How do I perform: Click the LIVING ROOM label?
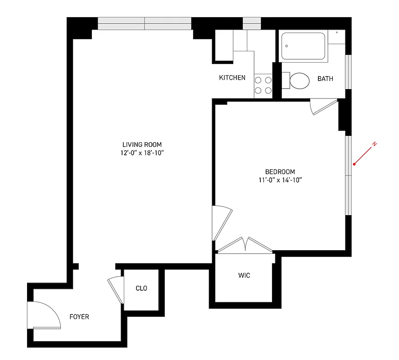click(142, 144)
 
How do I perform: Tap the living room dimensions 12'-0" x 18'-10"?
click(142, 153)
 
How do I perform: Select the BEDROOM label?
click(280, 171)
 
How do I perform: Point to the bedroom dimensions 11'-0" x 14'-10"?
click(280, 180)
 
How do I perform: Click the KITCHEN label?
click(232, 78)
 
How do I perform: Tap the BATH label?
click(325, 79)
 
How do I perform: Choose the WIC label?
click(244, 275)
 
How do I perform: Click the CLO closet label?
click(141, 288)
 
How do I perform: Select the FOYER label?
click(79, 317)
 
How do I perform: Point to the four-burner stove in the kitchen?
click(263, 85)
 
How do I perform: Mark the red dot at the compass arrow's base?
click(354, 164)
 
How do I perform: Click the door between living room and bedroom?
click(222, 222)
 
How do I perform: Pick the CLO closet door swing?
click(117, 289)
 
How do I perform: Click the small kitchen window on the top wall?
click(252, 23)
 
